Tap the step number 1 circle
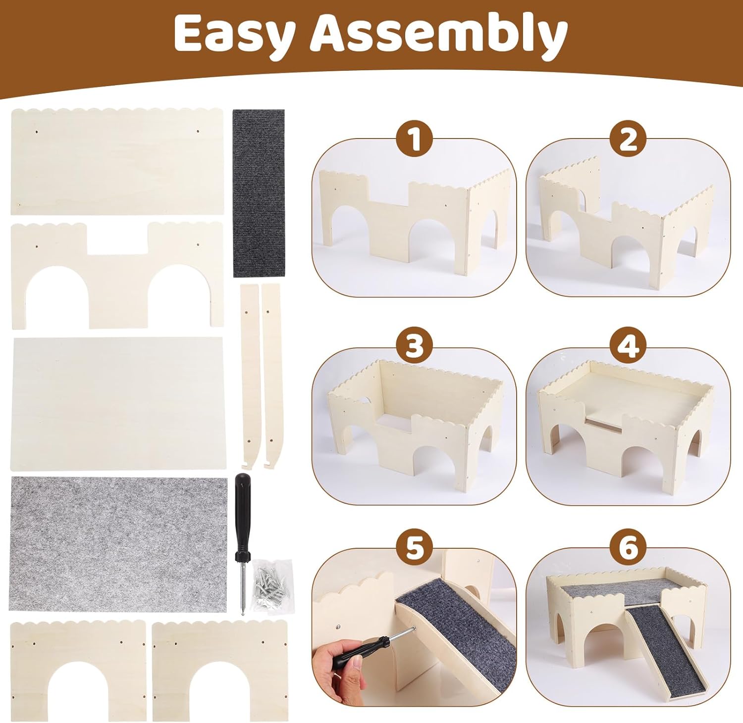(x=414, y=140)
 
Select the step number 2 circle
(x=628, y=140)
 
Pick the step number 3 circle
(x=414, y=346)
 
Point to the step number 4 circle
(x=628, y=346)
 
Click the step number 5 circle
(x=414, y=548)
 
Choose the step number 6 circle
(x=628, y=548)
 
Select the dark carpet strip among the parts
(x=259, y=193)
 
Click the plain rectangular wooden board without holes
(x=117, y=403)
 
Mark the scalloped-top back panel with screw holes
(x=117, y=161)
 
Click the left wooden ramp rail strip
(x=250, y=376)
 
